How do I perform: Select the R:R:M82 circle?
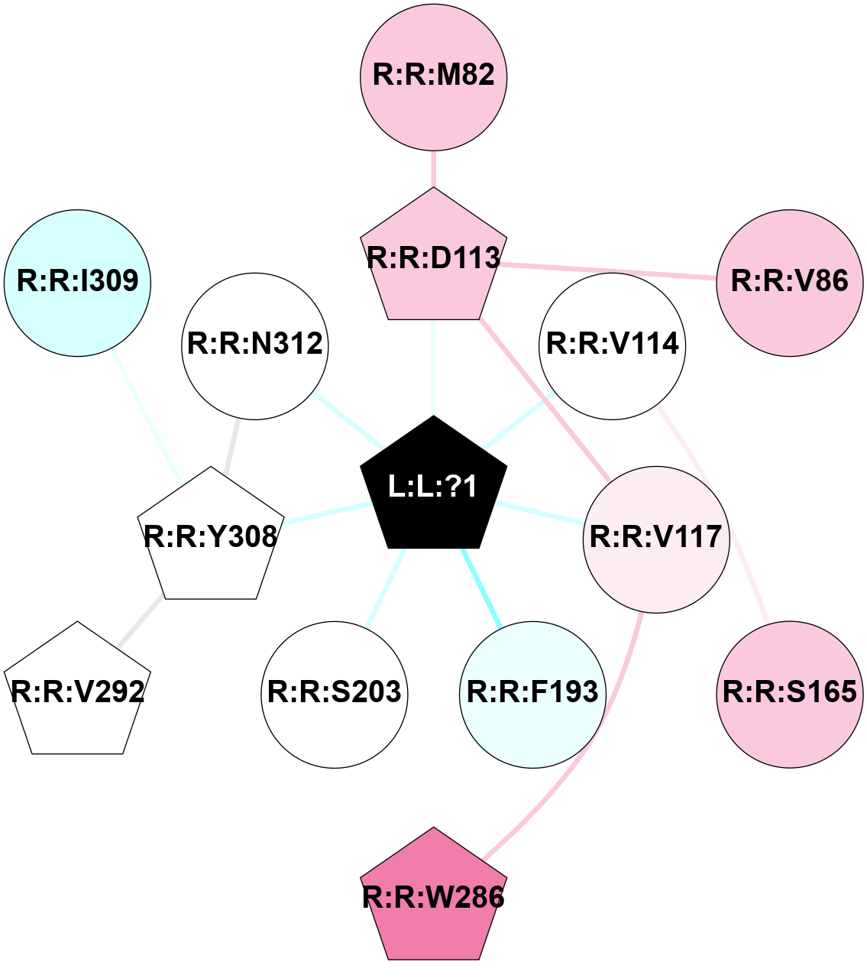click(433, 76)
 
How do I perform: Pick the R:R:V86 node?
click(790, 282)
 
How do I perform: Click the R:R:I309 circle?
click(77, 282)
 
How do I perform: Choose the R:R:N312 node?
click(255, 345)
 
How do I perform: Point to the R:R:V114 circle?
click(613, 345)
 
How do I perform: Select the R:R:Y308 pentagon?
click(210, 537)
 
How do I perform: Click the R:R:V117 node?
click(656, 538)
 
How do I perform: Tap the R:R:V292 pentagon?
click(77, 691)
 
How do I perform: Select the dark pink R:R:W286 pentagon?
click(433, 897)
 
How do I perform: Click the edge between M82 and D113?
click(433, 169)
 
